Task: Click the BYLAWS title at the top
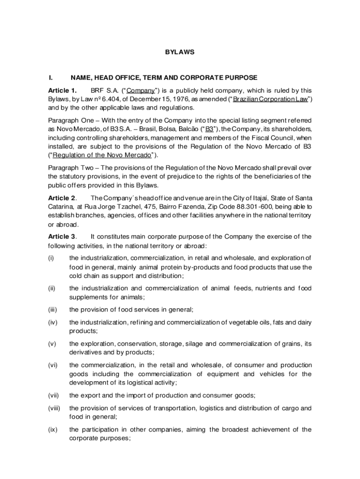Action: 180,52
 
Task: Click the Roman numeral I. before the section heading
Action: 50,78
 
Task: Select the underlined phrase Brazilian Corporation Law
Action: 271,100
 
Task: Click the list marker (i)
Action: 51,258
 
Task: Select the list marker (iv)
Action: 52,322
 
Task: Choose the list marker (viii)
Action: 54,408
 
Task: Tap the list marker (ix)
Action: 52,429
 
